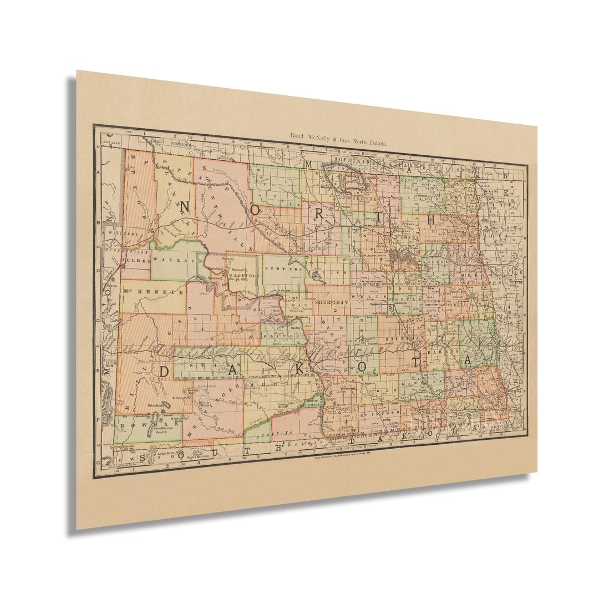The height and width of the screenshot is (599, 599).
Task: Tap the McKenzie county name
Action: click(153, 291)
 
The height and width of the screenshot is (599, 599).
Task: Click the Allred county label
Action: click(136, 260)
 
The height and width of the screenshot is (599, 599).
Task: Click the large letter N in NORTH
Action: click(185, 206)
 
